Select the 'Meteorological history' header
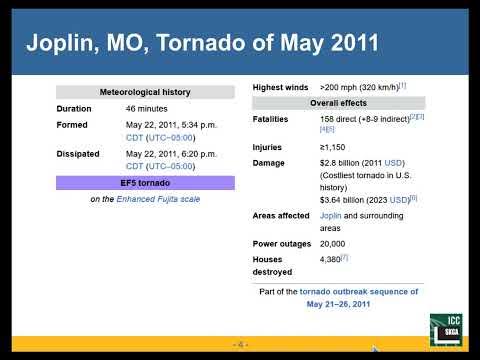[146, 93]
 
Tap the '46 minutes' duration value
[147, 108]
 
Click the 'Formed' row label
[72, 125]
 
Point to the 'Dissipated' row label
[78, 154]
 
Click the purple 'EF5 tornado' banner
[146, 183]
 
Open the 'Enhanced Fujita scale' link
[159, 199]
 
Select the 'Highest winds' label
[280, 88]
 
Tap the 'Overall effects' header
[338, 103]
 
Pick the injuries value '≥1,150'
[336, 147]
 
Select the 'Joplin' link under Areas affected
[332, 215]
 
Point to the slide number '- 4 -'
[238, 344]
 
